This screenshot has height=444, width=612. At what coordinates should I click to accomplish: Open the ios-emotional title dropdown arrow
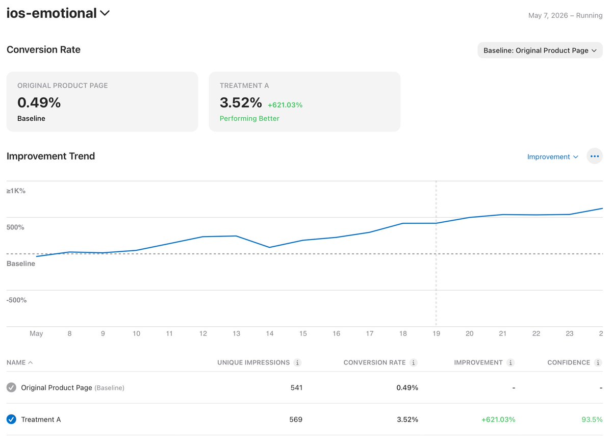click(105, 13)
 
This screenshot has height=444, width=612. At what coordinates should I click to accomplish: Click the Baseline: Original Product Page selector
click(540, 50)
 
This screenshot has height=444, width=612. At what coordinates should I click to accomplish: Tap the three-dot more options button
click(595, 156)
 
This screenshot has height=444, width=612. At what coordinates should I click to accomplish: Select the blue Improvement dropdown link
click(552, 157)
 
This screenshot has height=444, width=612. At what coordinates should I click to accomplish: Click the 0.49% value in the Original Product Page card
click(39, 102)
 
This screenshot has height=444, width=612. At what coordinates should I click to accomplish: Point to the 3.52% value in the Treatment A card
click(241, 102)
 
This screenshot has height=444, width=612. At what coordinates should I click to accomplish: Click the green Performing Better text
click(249, 118)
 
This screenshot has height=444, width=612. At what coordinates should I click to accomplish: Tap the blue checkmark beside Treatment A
click(11, 420)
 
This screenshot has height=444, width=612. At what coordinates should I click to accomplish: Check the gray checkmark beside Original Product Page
click(11, 387)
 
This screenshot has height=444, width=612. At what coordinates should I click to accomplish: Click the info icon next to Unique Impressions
click(297, 363)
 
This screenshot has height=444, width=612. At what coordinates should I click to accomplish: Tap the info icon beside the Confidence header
click(598, 363)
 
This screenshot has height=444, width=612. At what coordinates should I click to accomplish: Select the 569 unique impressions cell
click(296, 420)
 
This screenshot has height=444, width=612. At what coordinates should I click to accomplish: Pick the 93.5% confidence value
click(592, 420)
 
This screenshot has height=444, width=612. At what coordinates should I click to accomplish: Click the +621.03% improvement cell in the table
click(498, 420)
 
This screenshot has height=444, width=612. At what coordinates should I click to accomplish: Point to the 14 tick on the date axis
click(270, 334)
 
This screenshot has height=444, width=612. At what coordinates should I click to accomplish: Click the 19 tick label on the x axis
click(437, 334)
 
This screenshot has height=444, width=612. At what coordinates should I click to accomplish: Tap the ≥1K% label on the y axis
click(16, 191)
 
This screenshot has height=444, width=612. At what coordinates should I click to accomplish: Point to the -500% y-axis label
click(16, 300)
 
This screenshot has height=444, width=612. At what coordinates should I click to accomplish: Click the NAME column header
click(16, 362)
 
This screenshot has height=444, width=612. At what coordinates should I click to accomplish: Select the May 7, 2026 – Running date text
click(565, 16)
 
